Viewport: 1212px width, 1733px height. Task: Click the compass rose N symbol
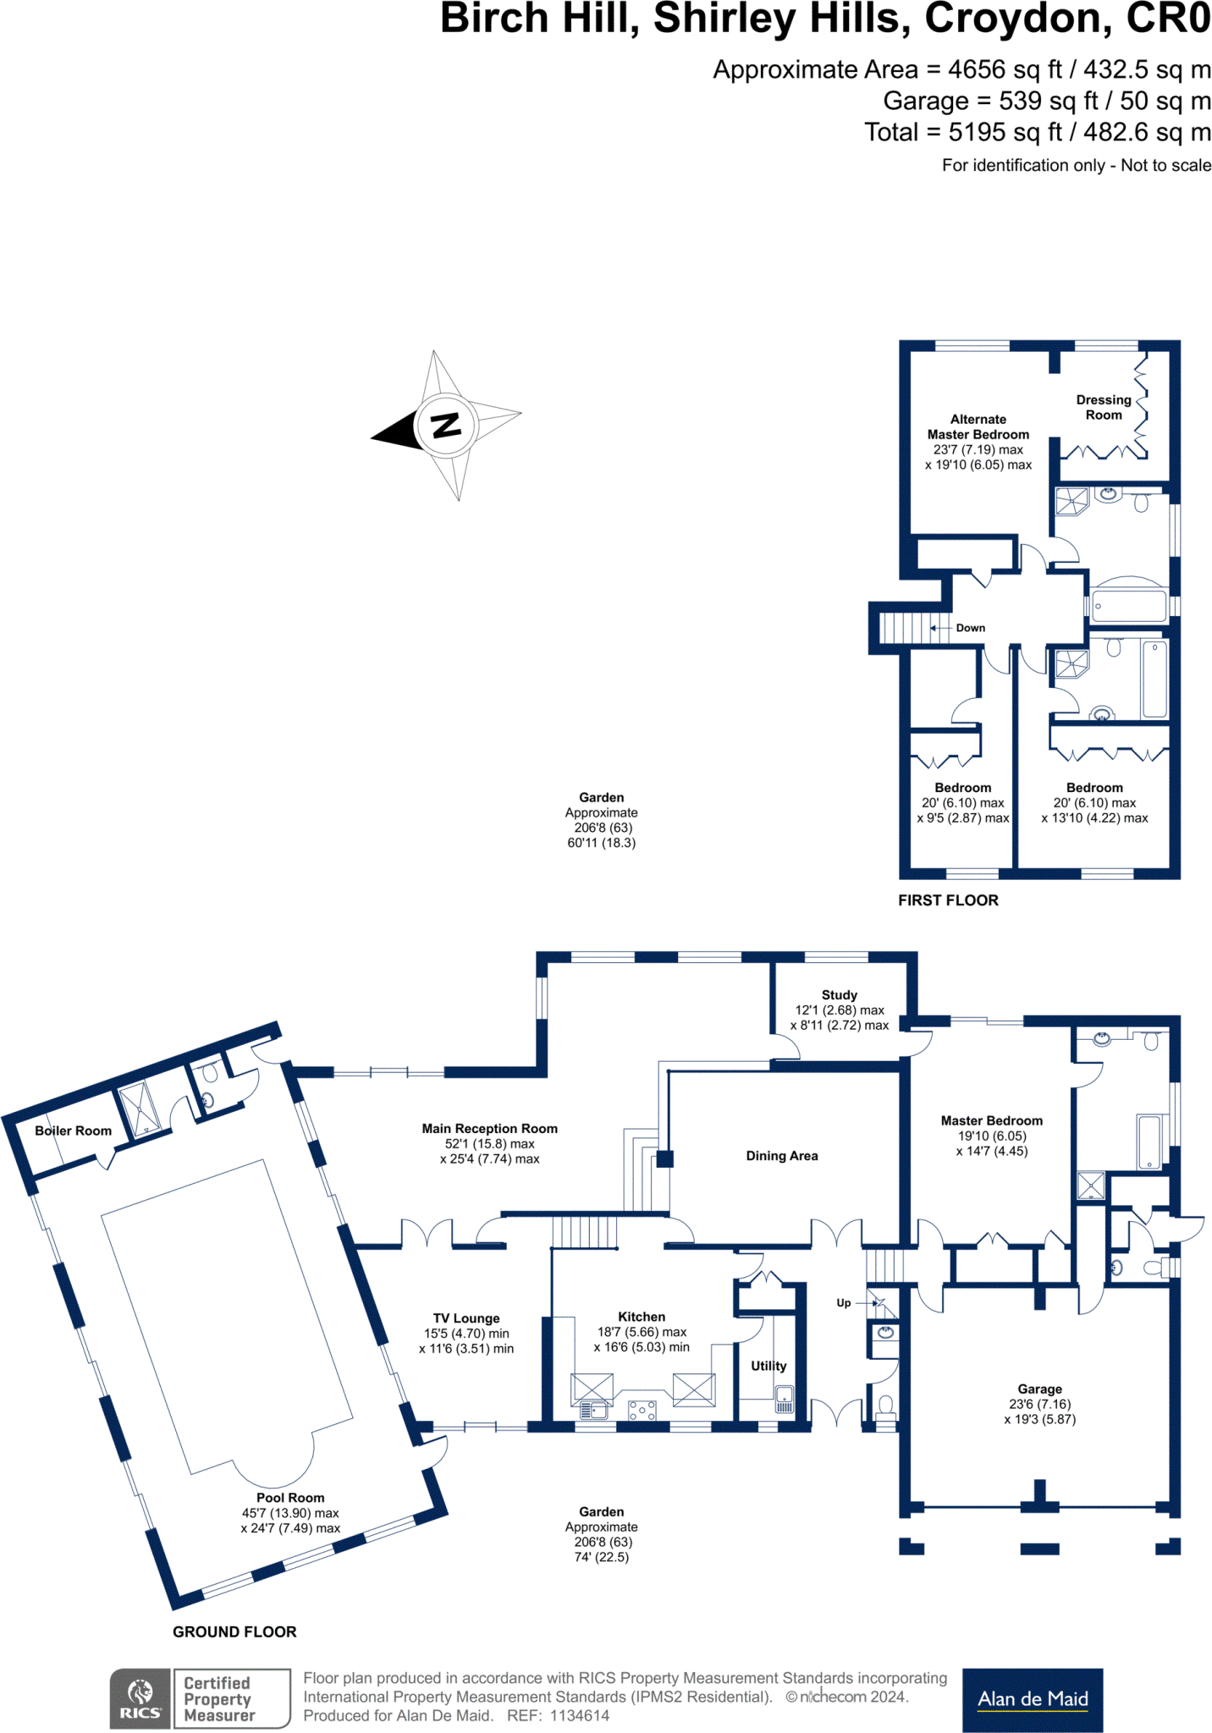click(x=445, y=424)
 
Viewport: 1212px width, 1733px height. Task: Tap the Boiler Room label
click(x=73, y=1131)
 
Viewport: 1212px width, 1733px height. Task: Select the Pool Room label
click(x=290, y=1498)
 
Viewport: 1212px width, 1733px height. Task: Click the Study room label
click(x=839, y=995)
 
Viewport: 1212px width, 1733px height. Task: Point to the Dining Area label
click(x=782, y=1156)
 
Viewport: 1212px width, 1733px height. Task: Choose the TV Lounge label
click(x=466, y=1318)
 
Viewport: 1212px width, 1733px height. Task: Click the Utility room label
click(x=769, y=1366)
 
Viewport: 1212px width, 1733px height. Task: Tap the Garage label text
click(x=1039, y=1389)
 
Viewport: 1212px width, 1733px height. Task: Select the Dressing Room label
click(x=1104, y=407)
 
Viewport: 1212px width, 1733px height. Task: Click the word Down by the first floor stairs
click(x=971, y=628)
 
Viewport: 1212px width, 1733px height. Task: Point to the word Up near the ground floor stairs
click(x=844, y=1303)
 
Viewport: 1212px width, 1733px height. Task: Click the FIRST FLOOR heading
click(x=948, y=900)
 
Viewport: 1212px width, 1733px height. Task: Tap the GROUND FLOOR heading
click(x=234, y=1631)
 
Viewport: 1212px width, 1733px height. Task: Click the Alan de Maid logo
click(x=1033, y=1699)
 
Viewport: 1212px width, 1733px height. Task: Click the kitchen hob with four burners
click(x=642, y=1410)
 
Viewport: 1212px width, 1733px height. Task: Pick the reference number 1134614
click(x=580, y=1716)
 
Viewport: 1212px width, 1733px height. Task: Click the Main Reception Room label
click(x=489, y=1129)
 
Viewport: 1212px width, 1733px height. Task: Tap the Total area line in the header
click(x=1037, y=132)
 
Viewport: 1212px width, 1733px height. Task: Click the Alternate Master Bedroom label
click(x=978, y=426)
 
